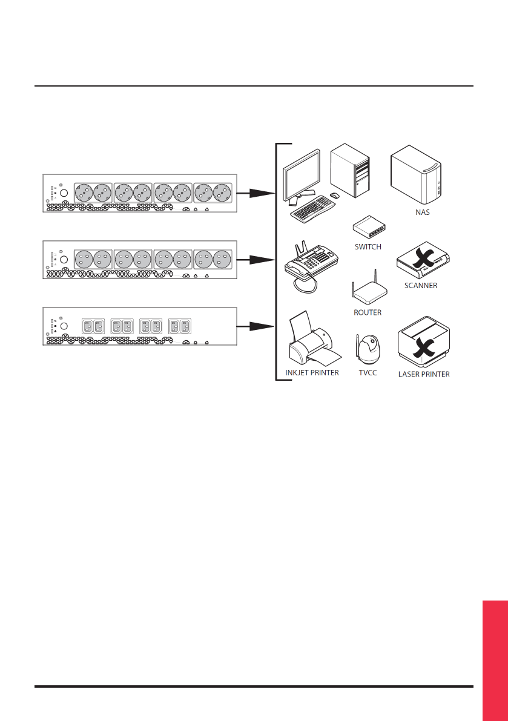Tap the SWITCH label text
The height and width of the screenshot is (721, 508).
tap(368, 247)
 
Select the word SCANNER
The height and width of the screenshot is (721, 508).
tap(421, 285)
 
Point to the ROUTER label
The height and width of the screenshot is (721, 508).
tap(368, 313)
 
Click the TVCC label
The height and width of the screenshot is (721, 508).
tap(368, 373)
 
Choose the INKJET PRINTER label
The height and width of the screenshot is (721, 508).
tap(312, 373)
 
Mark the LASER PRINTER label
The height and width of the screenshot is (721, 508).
tap(424, 374)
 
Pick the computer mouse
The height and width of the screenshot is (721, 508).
tap(334, 196)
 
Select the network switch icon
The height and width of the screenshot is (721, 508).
tap(369, 228)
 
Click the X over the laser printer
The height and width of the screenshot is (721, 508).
tap(422, 346)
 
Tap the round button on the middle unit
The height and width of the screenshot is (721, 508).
tap(64, 260)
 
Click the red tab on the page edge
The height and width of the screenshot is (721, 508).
tap(495, 660)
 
